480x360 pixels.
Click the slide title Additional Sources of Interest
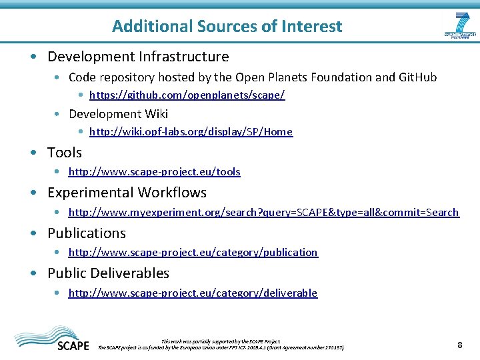[227, 27]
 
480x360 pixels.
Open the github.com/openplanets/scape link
[187, 95]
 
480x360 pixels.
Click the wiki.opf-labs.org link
[191, 132]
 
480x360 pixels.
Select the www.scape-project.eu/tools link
[154, 172]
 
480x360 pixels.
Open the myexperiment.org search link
[263, 213]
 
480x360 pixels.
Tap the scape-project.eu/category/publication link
[193, 253]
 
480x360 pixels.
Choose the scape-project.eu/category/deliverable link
[193, 293]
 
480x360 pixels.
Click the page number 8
[459, 345]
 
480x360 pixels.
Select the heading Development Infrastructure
[138, 57]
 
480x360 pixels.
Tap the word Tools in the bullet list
[65, 153]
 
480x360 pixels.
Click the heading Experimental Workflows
[127, 193]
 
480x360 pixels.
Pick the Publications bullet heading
[87, 233]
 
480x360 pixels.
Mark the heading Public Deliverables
[108, 273]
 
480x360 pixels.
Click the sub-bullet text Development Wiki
[118, 114]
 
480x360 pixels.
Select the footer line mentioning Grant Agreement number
[222, 347]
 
